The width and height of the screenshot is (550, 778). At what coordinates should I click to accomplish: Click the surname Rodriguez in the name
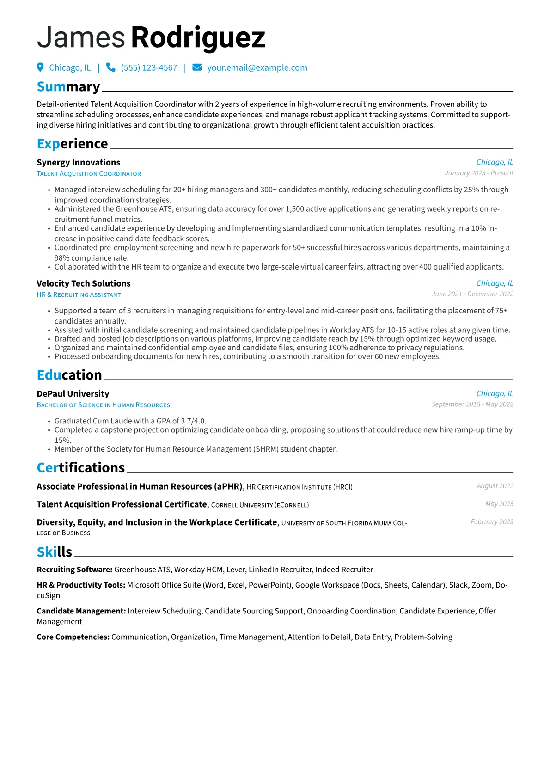[198, 37]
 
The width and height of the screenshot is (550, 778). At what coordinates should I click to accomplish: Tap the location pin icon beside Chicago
[40, 67]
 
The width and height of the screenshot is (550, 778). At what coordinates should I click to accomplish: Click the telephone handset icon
[110, 67]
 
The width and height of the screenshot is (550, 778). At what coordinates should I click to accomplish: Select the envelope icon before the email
[197, 67]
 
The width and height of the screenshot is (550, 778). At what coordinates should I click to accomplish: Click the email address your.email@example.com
[257, 67]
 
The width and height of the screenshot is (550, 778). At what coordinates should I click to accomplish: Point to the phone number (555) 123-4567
[149, 67]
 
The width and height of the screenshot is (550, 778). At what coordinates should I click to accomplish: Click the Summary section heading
[68, 87]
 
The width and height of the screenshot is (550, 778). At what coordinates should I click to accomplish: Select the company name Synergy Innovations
[78, 162]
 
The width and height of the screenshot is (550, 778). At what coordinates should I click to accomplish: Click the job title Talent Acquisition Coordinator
[89, 174]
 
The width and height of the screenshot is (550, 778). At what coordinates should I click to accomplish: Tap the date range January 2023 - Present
[479, 173]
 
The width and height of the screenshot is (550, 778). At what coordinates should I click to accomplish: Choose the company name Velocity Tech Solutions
[84, 283]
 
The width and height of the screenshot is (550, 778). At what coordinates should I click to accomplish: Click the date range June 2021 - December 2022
[472, 294]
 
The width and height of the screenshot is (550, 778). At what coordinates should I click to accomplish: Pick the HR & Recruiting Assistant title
[79, 295]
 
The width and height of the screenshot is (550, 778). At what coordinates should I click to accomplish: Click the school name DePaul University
[73, 394]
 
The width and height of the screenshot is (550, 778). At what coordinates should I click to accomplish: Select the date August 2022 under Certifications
[495, 486]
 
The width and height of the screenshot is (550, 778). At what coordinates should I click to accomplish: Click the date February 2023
[492, 521]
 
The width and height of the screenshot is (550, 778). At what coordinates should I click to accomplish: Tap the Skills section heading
[55, 552]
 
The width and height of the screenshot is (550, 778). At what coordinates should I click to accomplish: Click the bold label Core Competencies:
[73, 637]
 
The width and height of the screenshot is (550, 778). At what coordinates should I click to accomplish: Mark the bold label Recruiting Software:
[74, 570]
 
